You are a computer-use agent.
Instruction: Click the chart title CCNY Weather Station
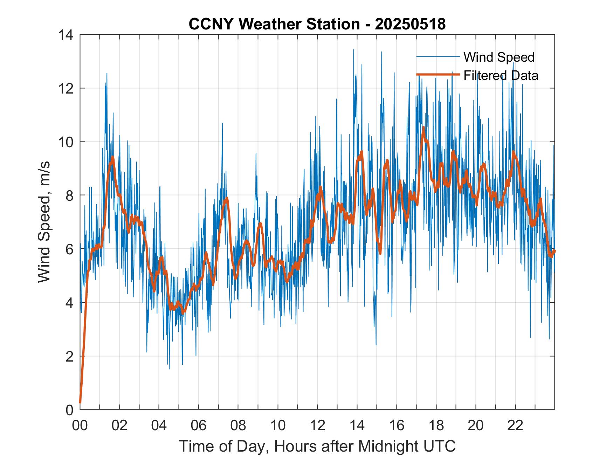[274, 24]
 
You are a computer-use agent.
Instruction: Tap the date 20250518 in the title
[410, 24]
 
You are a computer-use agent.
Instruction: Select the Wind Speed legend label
[499, 57]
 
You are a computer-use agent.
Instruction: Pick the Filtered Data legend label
[501, 75]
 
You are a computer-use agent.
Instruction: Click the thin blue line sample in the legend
[438, 57]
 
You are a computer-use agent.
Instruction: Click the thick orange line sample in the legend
[438, 75]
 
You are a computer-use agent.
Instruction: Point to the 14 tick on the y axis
[67, 35]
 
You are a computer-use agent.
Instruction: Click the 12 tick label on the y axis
[67, 88]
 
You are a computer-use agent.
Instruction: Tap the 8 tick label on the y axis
[70, 195]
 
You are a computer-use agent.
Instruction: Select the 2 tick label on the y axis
[70, 356]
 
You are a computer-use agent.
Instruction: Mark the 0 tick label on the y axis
[70, 410]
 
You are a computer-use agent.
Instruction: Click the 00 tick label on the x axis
[80, 425]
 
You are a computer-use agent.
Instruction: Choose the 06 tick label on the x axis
[199, 425]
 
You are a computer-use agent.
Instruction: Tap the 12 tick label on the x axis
[317, 425]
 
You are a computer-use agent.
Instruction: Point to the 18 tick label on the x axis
[436, 425]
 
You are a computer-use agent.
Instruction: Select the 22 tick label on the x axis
[515, 425]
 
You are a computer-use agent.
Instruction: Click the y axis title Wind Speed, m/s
[44, 222]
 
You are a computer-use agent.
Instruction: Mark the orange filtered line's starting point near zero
[80, 403]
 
